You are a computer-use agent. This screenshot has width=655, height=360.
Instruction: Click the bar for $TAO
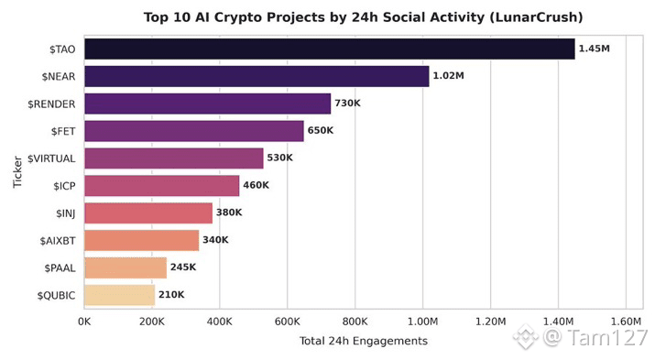pos(330,49)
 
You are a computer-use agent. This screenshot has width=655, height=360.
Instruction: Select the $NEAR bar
pos(257,76)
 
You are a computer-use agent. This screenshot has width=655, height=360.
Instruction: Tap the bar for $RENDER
pos(208,104)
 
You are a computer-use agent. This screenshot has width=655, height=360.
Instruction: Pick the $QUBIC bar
pos(119,295)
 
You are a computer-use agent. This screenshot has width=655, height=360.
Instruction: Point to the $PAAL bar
pos(126,267)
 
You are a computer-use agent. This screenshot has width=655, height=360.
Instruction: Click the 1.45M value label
pos(594,49)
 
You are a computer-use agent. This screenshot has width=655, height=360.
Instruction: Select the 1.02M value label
pos(448,76)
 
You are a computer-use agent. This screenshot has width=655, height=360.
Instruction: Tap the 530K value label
pos(280,158)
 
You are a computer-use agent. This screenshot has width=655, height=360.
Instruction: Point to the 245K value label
pos(183,267)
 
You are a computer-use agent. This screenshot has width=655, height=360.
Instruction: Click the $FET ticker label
pos(63,131)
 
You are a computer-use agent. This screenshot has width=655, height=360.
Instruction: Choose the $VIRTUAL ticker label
pos(51,158)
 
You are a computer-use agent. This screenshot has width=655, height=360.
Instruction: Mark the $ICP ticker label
pos(64,186)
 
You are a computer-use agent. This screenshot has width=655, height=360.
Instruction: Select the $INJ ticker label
pos(66,213)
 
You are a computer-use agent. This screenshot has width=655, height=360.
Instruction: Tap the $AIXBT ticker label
pos(58,241)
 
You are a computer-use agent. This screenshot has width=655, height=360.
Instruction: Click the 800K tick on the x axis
pos(355,322)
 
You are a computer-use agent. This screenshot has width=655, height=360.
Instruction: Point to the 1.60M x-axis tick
pos(626,322)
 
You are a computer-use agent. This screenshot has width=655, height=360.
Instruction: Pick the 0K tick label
pos(84,322)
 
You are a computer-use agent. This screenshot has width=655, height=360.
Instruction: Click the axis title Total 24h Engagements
pos(364,341)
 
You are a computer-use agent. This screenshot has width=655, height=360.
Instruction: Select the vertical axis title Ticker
pos(17,172)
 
